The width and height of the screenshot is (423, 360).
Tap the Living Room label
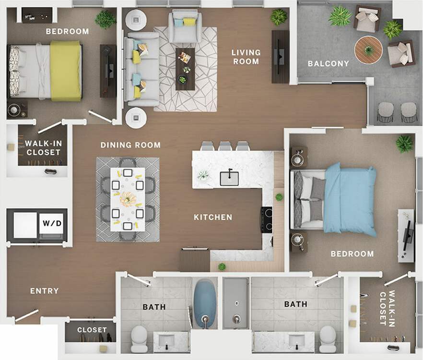pos(246,57)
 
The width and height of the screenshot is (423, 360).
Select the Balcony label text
pos(329,63)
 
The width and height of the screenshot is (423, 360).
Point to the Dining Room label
pos(130,145)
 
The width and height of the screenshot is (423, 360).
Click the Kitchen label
pos(213,217)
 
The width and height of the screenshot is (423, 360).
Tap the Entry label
pos(45,291)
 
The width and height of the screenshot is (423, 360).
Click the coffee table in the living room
pos(185,69)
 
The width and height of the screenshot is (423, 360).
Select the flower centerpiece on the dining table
pos(128,199)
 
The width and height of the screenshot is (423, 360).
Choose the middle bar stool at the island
pos(225,146)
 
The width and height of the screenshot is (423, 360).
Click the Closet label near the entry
pos(92,330)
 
